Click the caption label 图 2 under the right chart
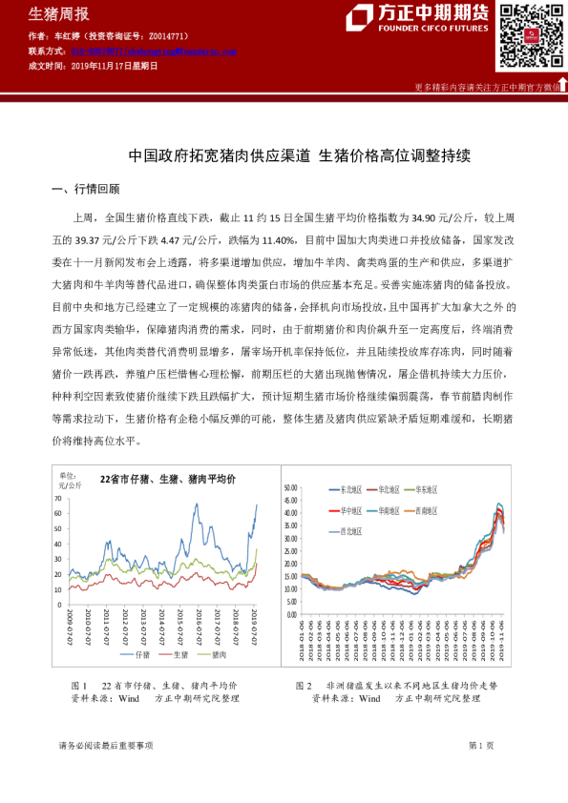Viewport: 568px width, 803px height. click(x=305, y=685)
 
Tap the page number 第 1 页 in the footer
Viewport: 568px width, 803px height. click(x=481, y=744)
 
